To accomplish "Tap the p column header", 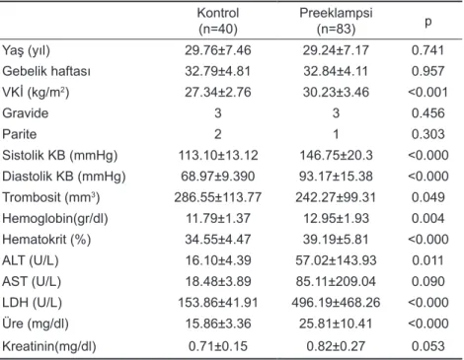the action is point(428,22).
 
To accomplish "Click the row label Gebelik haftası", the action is point(46,71).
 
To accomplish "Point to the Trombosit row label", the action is point(51,197).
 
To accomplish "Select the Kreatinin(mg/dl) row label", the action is point(49,346).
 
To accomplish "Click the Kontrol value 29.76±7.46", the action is point(218,50).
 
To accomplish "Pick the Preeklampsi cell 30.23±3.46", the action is point(336,93).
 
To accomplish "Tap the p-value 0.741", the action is point(428,50).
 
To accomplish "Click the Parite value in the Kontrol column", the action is point(218,134).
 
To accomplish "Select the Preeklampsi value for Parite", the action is point(336,134).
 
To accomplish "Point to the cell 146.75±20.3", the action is point(336,156).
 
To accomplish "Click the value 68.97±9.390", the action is point(218,177).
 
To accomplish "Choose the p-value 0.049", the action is point(428,197).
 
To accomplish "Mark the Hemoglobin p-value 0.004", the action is point(428,219).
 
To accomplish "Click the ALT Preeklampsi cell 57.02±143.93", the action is point(336,260).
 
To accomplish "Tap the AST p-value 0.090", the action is point(428,282).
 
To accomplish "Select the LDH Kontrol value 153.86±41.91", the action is point(218,303).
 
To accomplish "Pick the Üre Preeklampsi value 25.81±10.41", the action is point(336,324).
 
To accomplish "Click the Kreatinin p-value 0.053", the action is point(428,346).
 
